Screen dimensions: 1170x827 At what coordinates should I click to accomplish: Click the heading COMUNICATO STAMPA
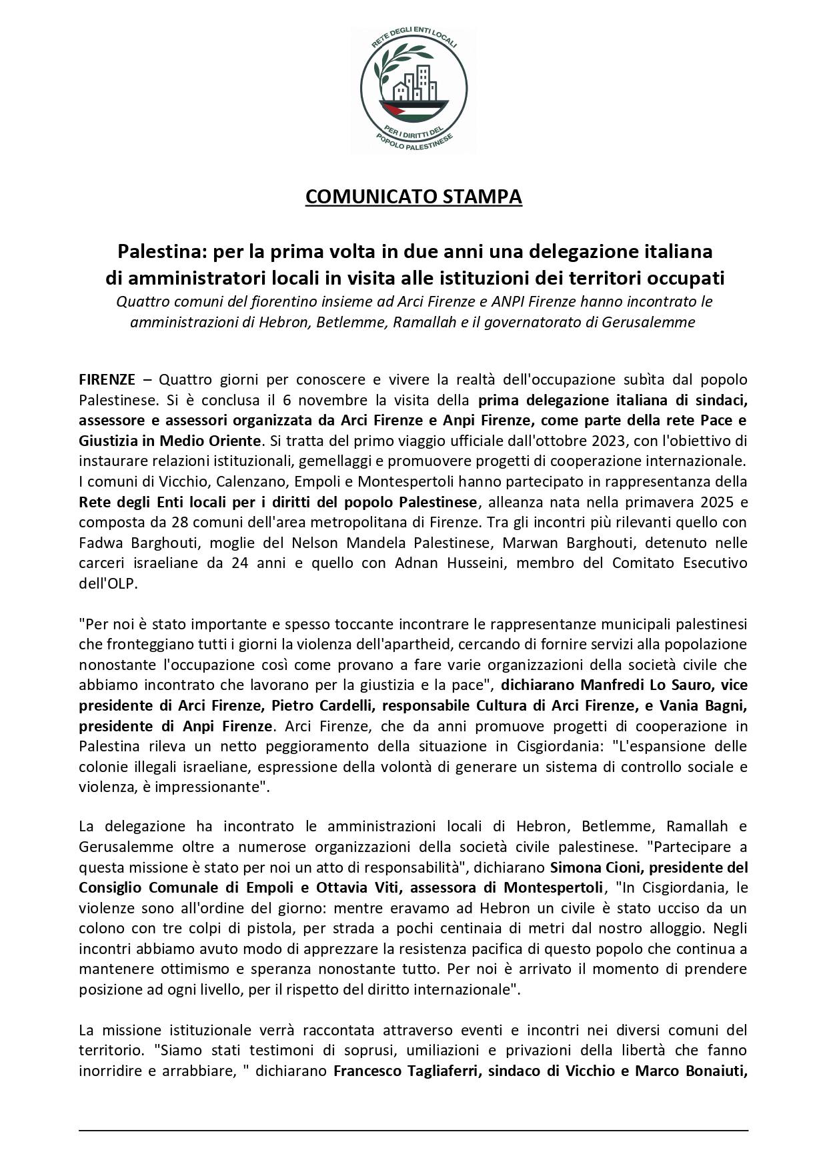[x=413, y=197]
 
